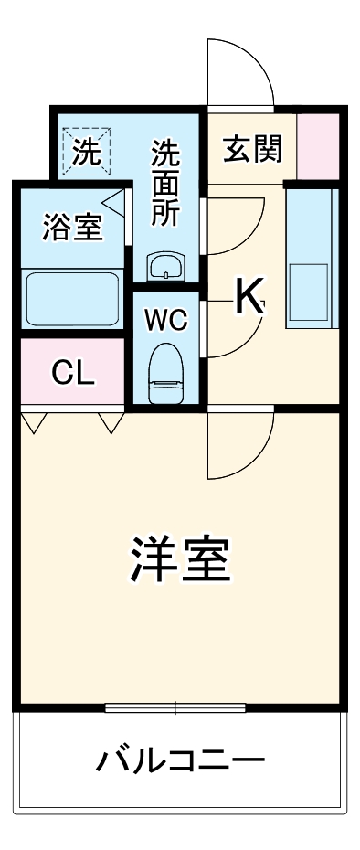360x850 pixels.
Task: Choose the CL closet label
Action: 72,372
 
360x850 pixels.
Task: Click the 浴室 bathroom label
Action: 72,228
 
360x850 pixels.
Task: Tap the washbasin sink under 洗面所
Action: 165,267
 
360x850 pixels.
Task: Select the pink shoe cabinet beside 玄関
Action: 318,146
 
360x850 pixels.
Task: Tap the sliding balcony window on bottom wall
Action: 175,707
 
